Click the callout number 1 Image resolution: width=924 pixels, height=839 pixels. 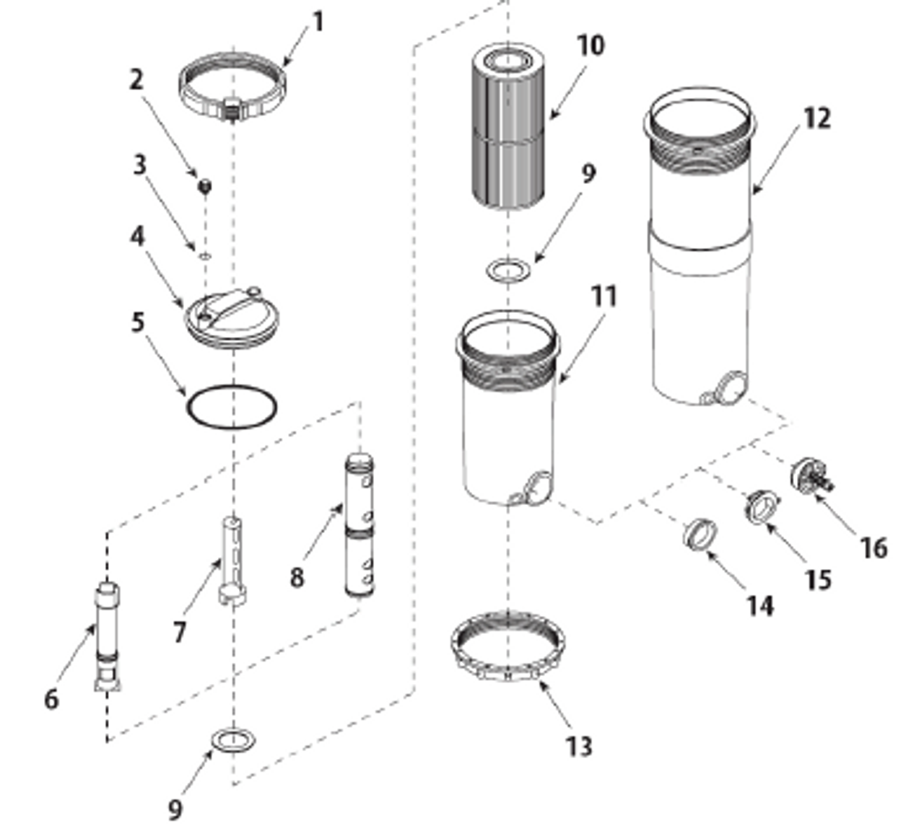pos(317,22)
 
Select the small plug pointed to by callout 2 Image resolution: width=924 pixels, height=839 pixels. pos(205,186)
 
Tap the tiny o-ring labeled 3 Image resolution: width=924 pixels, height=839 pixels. pos(204,255)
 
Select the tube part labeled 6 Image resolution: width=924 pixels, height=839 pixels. pos(107,635)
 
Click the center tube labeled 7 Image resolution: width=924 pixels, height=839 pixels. pos(232,560)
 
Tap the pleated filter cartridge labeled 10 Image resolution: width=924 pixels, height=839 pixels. pos(509,130)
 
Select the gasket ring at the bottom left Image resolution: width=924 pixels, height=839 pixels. pos(234,739)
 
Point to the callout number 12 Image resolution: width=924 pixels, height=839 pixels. pos(816,118)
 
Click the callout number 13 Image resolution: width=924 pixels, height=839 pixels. pos(577,747)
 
